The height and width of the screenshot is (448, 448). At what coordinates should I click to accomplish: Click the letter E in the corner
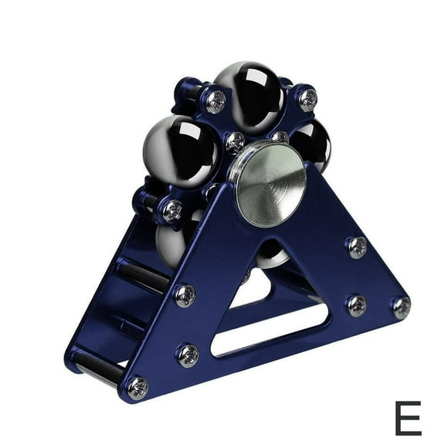click(x=409, y=418)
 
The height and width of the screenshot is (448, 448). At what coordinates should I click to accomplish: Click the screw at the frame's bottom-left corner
click(x=138, y=388)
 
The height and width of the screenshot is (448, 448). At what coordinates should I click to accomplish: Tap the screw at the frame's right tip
click(x=402, y=308)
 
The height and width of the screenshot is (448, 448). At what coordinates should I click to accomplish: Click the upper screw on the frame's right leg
click(x=358, y=247)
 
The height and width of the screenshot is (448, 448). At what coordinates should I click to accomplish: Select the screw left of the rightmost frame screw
click(x=357, y=306)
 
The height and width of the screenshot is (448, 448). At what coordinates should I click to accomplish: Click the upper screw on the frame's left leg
click(x=185, y=296)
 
